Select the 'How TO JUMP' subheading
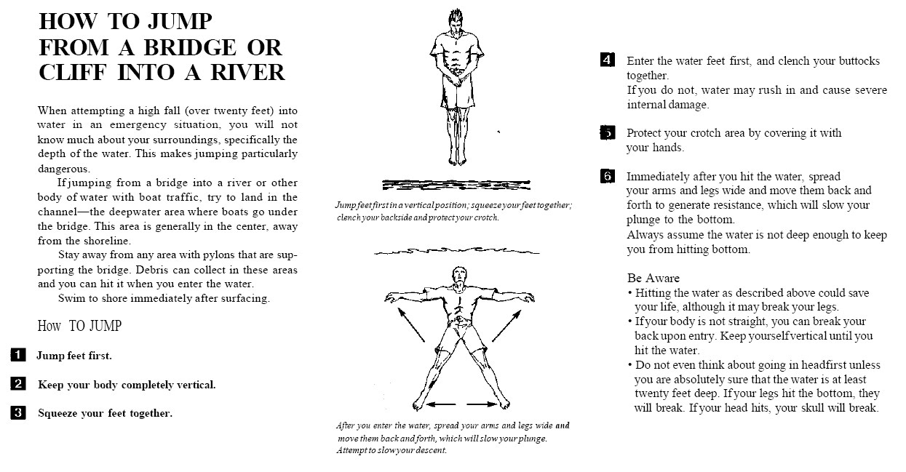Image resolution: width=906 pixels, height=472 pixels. coord(79,326)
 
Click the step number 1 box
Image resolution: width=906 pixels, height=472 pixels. coord(19,356)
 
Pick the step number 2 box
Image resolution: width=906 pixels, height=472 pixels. coord(19,384)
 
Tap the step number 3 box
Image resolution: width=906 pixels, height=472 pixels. coord(19,413)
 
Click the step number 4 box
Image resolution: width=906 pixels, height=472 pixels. coord(608,60)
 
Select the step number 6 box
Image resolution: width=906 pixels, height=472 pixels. coord(608,176)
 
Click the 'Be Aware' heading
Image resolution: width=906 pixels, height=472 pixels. coord(653,278)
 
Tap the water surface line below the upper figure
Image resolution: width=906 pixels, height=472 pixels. coord(456,184)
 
